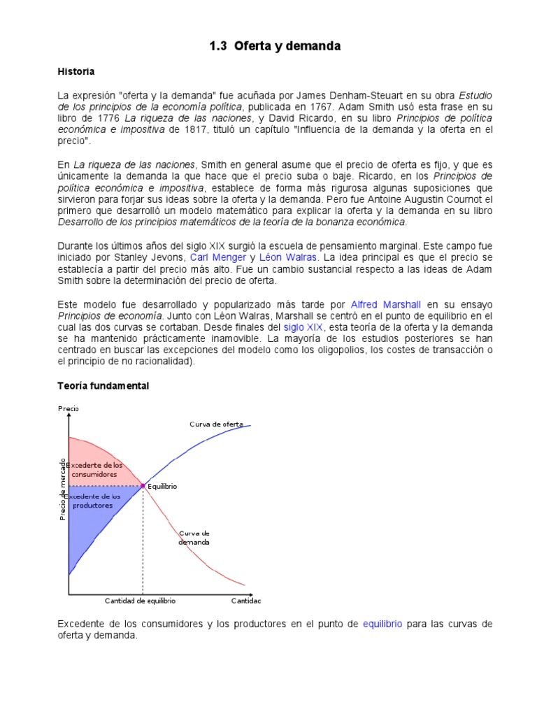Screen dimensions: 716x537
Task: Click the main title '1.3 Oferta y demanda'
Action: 275,47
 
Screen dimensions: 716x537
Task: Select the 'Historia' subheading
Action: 76,72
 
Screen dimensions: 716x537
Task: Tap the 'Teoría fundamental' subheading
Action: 103,386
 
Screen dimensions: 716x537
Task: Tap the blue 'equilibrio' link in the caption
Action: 382,624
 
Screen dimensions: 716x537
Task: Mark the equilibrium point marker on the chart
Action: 143,485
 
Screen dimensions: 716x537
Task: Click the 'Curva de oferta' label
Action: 216,424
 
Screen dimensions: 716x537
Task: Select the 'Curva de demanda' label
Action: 194,538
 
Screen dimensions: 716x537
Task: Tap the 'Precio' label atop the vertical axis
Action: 69,408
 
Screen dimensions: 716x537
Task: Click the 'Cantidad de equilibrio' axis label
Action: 140,601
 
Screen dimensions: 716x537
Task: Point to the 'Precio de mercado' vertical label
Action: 62,489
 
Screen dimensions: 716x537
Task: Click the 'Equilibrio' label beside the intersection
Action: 163,485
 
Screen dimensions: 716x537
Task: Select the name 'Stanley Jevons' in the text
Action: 152,257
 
